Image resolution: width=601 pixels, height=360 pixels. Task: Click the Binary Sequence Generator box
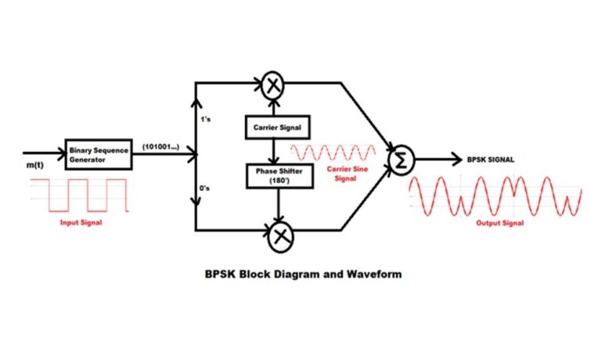coord(98,153)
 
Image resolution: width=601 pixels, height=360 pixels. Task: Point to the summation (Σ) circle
coord(400,159)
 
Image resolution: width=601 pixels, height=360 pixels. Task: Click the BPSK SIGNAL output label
coord(492,160)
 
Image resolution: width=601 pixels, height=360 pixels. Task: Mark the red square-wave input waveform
coord(78,195)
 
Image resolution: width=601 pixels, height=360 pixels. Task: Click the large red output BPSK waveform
coord(496,196)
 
